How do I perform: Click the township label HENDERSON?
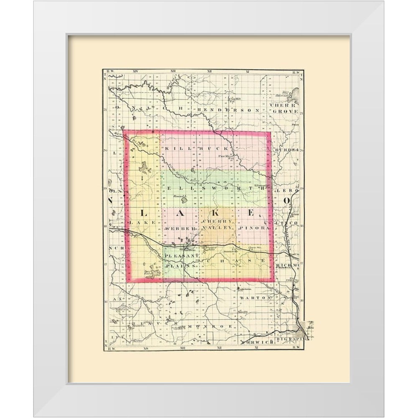(229, 110)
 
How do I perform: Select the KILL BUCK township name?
(197, 148)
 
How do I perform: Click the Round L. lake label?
(179, 196)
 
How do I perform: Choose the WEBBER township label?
(181, 229)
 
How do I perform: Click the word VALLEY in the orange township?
(217, 228)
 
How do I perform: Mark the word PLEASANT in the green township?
(180, 256)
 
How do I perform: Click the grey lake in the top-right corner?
(295, 95)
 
